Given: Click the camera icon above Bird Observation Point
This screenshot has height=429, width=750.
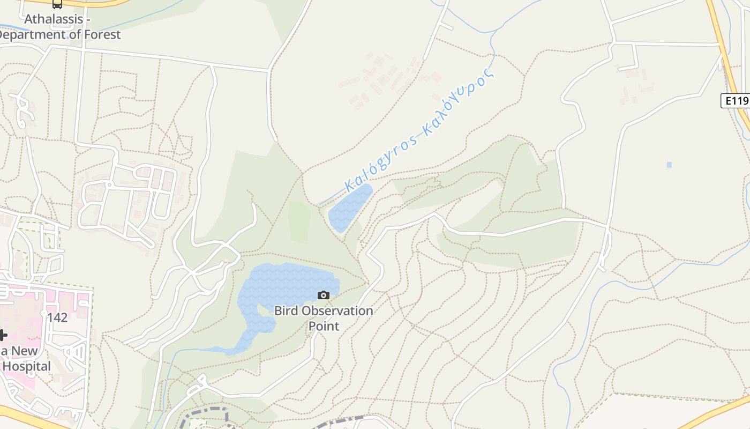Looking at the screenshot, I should point(323,295).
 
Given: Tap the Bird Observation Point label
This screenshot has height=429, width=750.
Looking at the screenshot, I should point(324,318).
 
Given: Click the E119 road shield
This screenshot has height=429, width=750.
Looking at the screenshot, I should point(734,100).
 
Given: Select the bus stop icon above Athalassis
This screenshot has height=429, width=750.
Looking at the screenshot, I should point(57,4).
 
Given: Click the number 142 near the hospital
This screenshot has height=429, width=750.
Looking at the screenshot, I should point(57,317).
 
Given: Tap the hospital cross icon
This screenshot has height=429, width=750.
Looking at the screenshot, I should point(3,335).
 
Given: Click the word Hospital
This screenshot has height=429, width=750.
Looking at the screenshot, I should point(27,367).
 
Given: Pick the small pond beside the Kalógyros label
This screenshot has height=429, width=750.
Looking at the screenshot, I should point(349,209).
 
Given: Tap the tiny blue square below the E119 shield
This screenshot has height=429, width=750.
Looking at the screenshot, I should point(669,165).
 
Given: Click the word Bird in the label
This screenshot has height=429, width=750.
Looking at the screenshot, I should point(287,310).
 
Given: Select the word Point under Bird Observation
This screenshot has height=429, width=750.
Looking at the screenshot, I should point(324,326).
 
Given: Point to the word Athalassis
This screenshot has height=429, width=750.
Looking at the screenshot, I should point(54,19).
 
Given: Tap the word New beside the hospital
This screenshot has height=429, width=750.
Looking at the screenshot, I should point(25,351).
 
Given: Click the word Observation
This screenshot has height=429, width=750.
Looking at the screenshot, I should point(337,310).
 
